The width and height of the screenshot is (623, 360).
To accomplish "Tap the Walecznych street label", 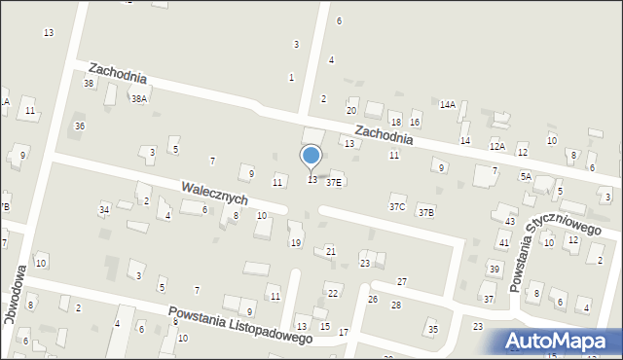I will [x=214, y=192].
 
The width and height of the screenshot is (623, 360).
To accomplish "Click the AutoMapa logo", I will [x=561, y=341].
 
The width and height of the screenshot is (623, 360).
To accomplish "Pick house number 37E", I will [x=334, y=181].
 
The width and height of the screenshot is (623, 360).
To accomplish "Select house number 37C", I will [x=397, y=206].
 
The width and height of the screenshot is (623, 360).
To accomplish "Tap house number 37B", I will [x=426, y=212].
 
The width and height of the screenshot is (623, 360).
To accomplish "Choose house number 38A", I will [x=139, y=99].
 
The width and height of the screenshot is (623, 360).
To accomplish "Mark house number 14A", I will [x=447, y=104].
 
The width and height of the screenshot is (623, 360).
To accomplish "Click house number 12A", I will [x=497, y=146].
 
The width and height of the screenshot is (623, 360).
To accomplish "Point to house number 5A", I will [x=526, y=176].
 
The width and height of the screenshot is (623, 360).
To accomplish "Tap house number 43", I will [x=510, y=222].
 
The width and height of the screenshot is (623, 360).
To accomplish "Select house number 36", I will [x=80, y=126].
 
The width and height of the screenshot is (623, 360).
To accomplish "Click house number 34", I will [x=104, y=209].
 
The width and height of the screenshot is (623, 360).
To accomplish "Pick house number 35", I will [x=433, y=330].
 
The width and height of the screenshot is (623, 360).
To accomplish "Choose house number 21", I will [x=331, y=251].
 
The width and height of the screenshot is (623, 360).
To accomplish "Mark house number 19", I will [x=295, y=242].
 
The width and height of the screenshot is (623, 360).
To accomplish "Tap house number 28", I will [x=396, y=306].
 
